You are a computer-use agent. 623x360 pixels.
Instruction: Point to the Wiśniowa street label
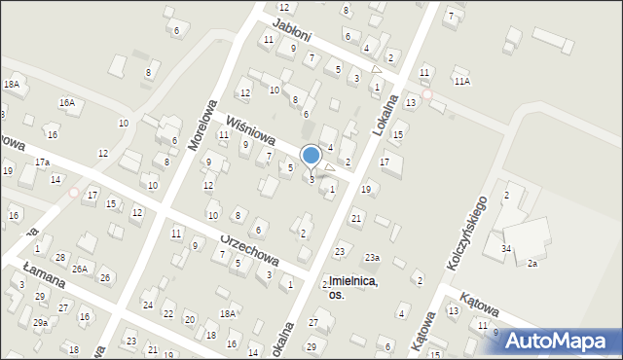[x=248, y=131]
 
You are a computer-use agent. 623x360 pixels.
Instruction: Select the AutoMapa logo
[x=558, y=341]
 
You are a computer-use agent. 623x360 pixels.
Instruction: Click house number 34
[x=506, y=249]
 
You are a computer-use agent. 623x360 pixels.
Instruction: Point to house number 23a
[x=372, y=258]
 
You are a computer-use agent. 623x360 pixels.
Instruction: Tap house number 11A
[x=461, y=82]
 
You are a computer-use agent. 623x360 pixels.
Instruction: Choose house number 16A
[x=66, y=102]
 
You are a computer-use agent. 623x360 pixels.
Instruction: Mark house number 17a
[x=42, y=162]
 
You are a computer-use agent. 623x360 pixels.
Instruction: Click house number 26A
[x=79, y=269]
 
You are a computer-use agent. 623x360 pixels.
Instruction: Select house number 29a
[x=40, y=322]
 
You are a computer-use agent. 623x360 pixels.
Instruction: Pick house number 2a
[x=531, y=264]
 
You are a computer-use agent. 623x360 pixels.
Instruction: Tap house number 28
[x=60, y=257]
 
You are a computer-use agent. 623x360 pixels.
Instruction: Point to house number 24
[x=147, y=305]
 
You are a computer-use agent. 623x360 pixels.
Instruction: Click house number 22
[x=167, y=313]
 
